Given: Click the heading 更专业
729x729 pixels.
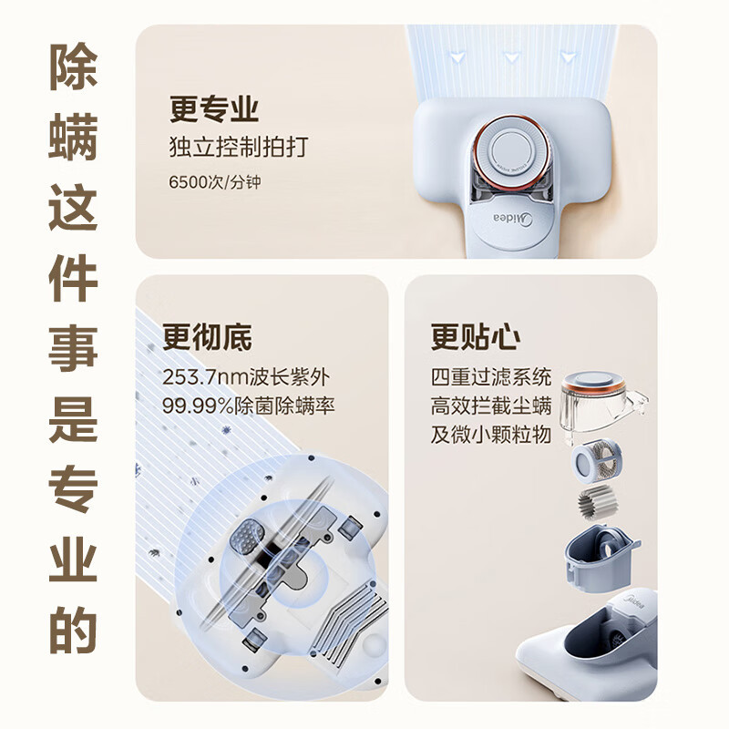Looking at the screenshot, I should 214,108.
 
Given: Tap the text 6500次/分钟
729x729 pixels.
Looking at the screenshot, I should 215,181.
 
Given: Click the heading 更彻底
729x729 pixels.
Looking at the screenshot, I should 207,337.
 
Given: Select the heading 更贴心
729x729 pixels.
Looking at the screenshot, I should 476,337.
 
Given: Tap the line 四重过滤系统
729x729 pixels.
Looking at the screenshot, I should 492,377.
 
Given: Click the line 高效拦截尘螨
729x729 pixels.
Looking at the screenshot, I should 492,406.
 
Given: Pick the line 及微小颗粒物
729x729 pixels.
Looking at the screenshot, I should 492,434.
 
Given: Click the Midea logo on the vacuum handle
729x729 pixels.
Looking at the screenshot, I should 512,218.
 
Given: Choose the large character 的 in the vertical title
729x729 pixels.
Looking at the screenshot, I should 73,627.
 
